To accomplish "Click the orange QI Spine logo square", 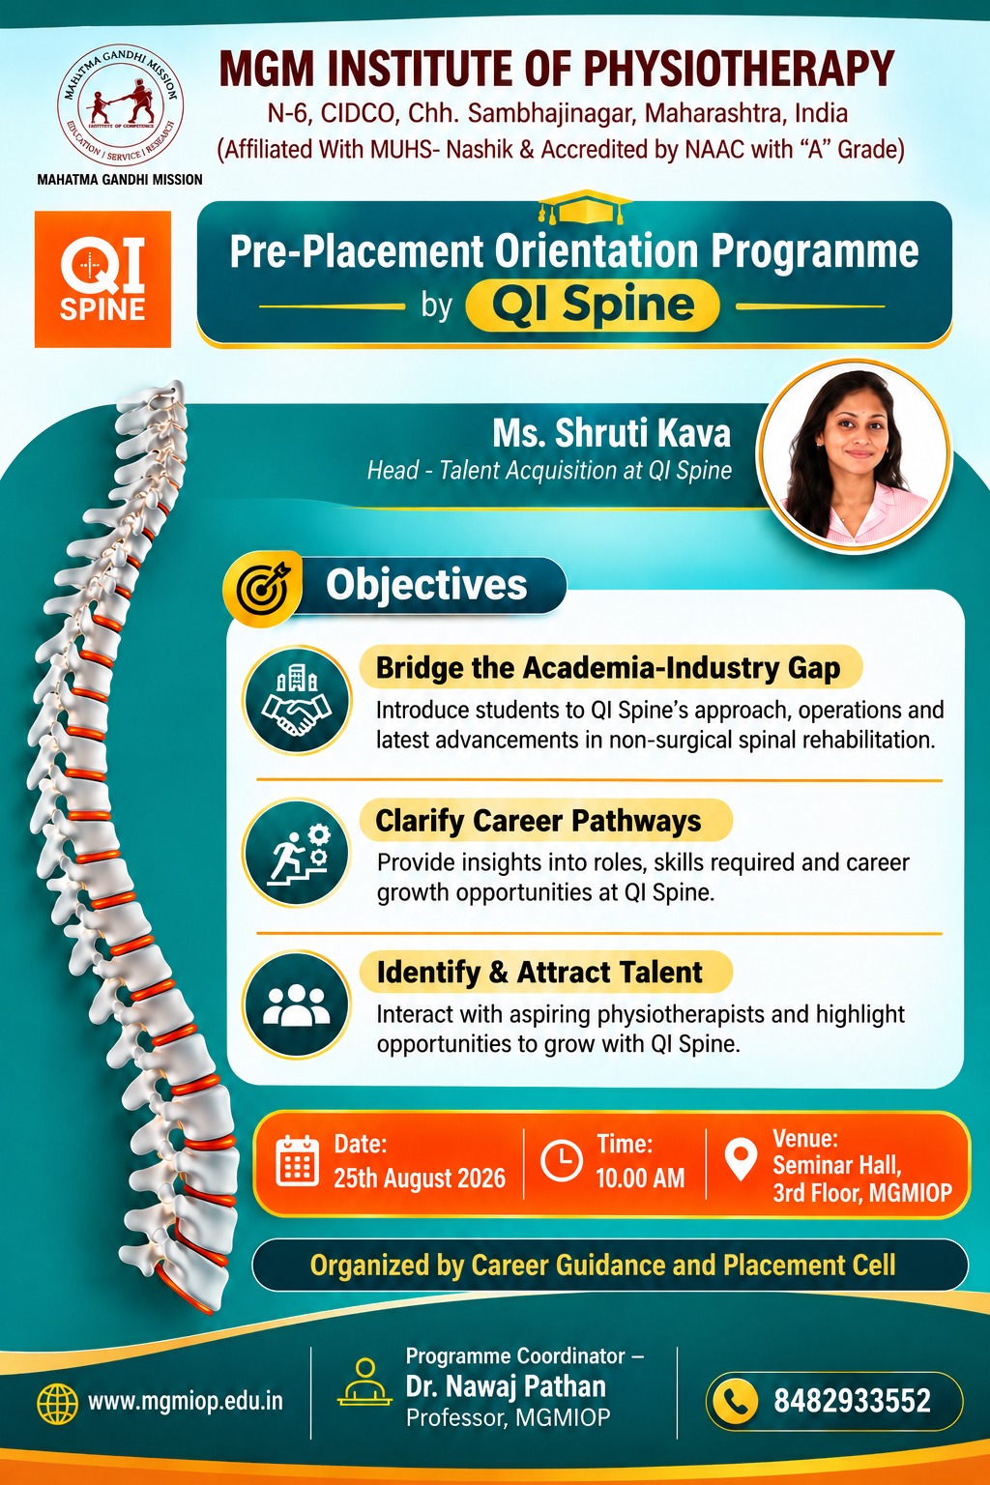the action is pyautogui.click(x=102, y=279).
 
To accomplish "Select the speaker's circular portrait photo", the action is pyautogui.click(x=855, y=457).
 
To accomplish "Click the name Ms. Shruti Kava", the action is pyautogui.click(x=611, y=433).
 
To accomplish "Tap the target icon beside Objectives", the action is pyautogui.click(x=263, y=588).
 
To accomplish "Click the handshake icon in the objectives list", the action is pyautogui.click(x=297, y=700).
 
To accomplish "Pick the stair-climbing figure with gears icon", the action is pyautogui.click(x=297, y=853).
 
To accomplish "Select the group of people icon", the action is pyautogui.click(x=297, y=1005).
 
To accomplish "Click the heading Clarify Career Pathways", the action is pyautogui.click(x=538, y=821).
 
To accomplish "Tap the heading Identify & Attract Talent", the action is pyautogui.click(x=539, y=973).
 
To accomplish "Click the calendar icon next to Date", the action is pyautogui.click(x=297, y=1160).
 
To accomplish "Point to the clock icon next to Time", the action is pyautogui.click(x=562, y=1161).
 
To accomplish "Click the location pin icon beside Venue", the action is pyautogui.click(x=741, y=1159).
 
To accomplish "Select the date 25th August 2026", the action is pyautogui.click(x=419, y=1179).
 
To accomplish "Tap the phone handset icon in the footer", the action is pyautogui.click(x=735, y=1401).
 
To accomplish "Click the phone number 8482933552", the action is pyautogui.click(x=852, y=1401).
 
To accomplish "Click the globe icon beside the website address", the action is pyautogui.click(x=58, y=1403).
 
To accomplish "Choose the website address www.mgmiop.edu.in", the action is pyautogui.click(x=185, y=1402).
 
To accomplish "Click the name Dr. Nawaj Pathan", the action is pyautogui.click(x=506, y=1386).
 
